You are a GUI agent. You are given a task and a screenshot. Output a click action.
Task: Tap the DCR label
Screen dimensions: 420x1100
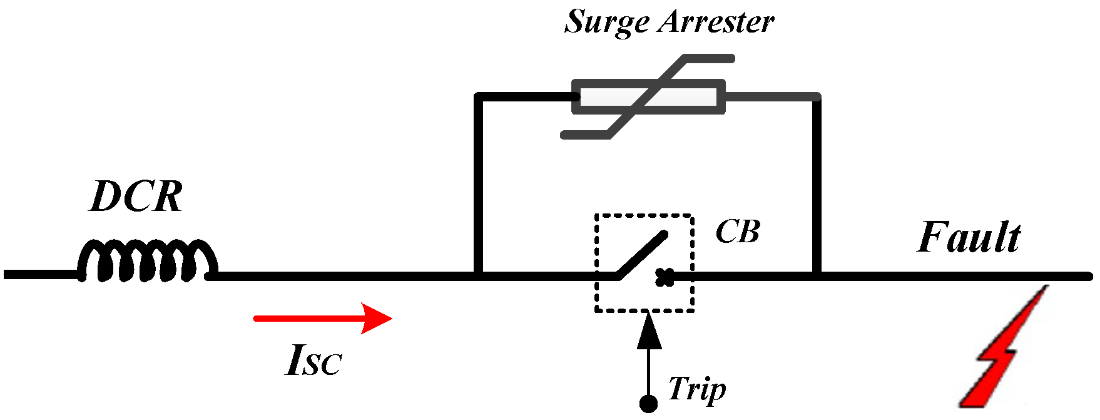[136, 197]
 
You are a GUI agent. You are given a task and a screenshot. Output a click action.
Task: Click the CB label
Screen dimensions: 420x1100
[737, 232]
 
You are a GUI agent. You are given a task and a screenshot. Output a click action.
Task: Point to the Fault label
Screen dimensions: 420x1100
[969, 238]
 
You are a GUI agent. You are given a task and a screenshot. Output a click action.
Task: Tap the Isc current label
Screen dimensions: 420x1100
[313, 361]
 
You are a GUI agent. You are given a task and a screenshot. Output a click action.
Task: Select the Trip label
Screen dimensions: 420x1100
[696, 389]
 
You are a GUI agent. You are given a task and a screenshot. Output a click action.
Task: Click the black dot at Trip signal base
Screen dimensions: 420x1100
[649, 404]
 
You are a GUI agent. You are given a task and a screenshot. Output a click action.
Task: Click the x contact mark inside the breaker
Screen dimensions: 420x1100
[665, 277]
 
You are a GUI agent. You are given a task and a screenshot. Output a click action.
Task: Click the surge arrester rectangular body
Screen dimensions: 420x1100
[648, 97]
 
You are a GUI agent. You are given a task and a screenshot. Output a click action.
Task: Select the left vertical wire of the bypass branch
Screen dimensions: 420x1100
[479, 188]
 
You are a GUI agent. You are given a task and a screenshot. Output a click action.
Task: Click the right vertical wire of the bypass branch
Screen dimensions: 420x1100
[816, 188]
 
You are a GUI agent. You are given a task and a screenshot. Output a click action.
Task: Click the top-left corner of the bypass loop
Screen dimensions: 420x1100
[479, 98]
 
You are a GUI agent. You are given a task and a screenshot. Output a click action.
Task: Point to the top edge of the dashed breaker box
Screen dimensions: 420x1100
[644, 216]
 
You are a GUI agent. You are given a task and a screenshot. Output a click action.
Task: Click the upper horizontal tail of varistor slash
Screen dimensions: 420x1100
[710, 59]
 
